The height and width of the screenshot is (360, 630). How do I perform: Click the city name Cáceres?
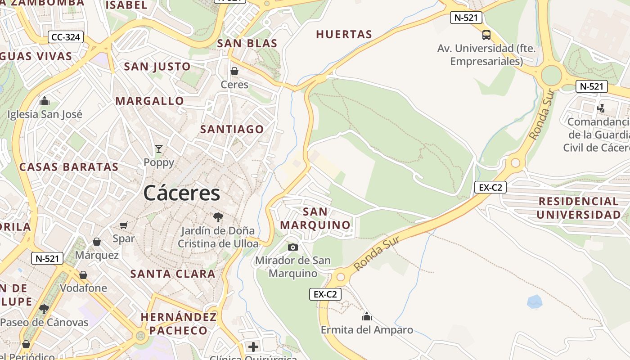182,193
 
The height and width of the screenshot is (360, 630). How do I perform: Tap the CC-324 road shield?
66,37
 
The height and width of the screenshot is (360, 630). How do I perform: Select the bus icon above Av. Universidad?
486,35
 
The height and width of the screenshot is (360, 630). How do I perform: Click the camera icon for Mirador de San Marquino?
293,247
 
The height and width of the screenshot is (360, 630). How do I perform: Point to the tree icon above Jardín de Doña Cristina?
218,217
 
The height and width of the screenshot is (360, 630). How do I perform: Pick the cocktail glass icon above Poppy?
158,148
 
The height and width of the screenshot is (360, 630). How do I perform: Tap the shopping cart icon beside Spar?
124,225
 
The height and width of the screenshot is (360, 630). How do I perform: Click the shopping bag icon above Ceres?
234,71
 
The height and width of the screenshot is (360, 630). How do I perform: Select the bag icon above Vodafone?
83,274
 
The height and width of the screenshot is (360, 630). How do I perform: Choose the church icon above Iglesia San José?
45,101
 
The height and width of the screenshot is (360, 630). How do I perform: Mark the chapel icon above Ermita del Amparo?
367,316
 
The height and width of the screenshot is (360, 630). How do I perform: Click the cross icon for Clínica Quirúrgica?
253,346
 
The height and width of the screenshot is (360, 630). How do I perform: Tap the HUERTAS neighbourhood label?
344,34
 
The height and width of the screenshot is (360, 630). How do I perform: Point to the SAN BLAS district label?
247,43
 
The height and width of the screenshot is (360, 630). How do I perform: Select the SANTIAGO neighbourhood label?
232,129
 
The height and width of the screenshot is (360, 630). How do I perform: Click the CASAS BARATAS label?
69,167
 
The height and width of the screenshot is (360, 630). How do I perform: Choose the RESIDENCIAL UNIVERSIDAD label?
579,208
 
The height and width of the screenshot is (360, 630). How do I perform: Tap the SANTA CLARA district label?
173,274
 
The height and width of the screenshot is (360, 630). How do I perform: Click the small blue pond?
535,301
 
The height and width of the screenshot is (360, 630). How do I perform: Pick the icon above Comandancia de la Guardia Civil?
601,108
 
